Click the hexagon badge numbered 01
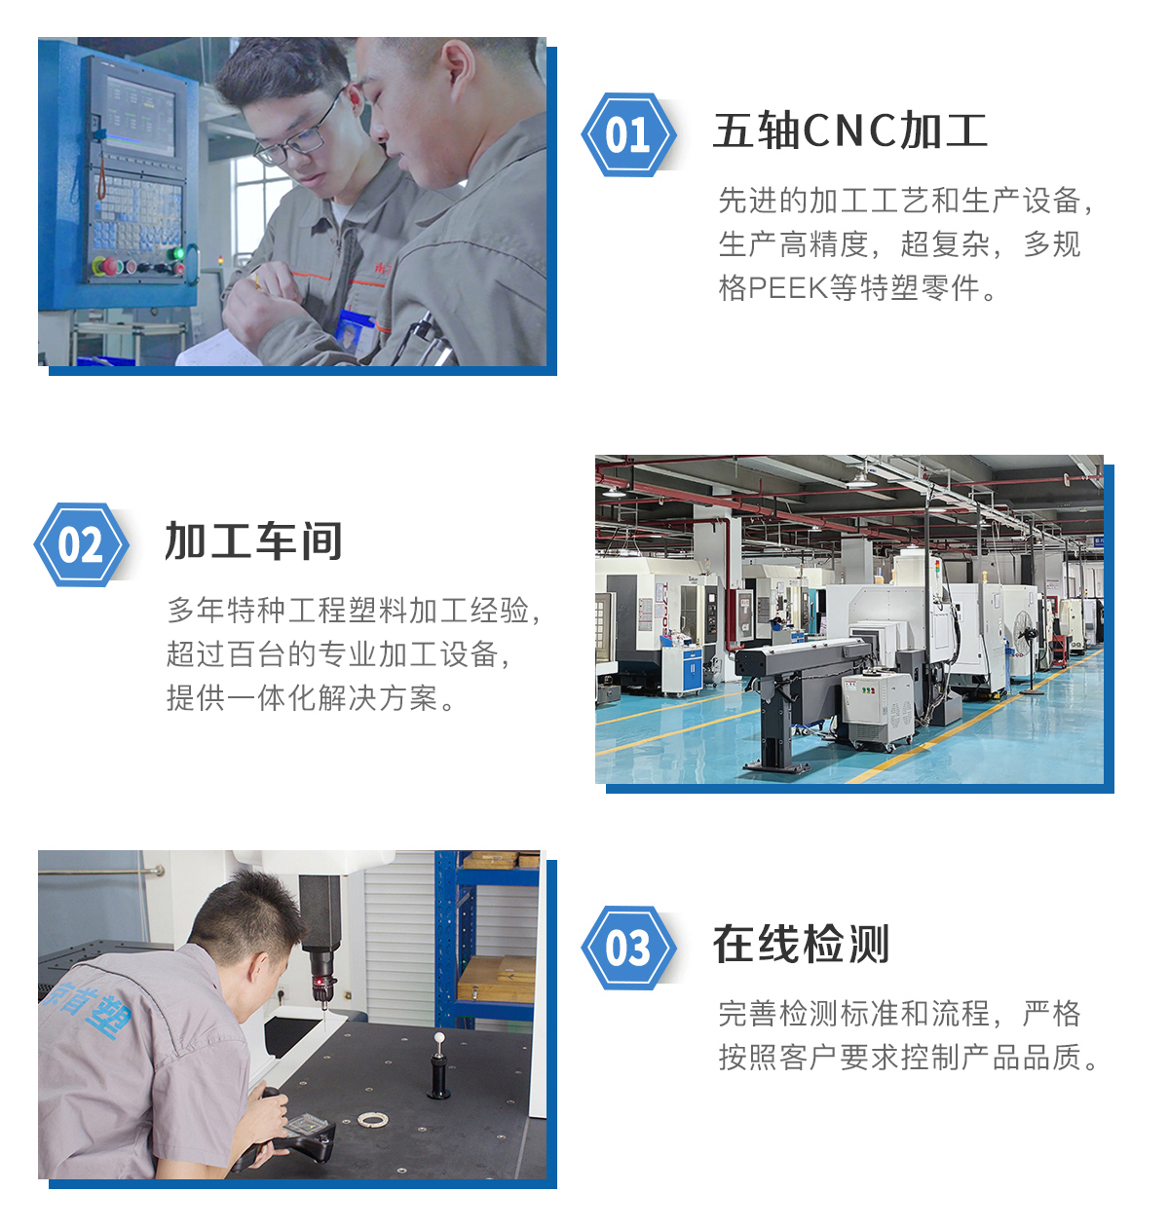click(x=628, y=134)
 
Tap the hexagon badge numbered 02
click(x=81, y=544)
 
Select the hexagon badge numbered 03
click(x=628, y=947)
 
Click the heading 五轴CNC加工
click(x=850, y=131)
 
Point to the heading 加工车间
click(x=254, y=541)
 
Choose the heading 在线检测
click(x=801, y=944)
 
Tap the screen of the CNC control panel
click(x=140, y=116)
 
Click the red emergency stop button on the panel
click(x=110, y=266)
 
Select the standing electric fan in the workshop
click(x=1027, y=651)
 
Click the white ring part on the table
click(x=373, y=1119)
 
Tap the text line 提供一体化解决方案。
click(x=311, y=698)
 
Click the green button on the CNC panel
click(x=178, y=254)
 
